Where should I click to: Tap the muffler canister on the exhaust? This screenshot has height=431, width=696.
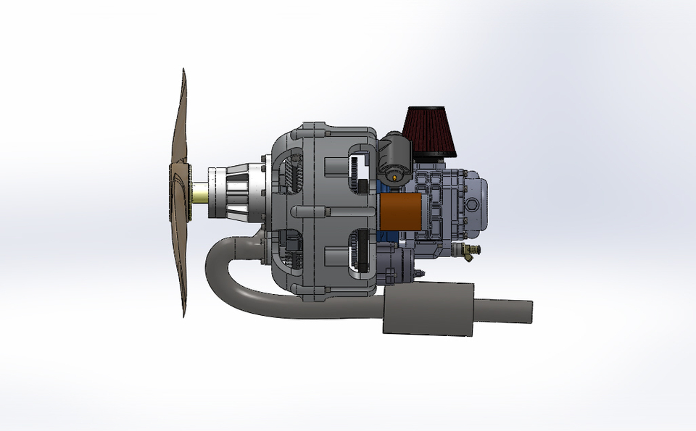[428, 310]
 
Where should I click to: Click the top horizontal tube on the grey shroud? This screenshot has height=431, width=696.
[319, 133]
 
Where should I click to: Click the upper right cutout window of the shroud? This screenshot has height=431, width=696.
[360, 170]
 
